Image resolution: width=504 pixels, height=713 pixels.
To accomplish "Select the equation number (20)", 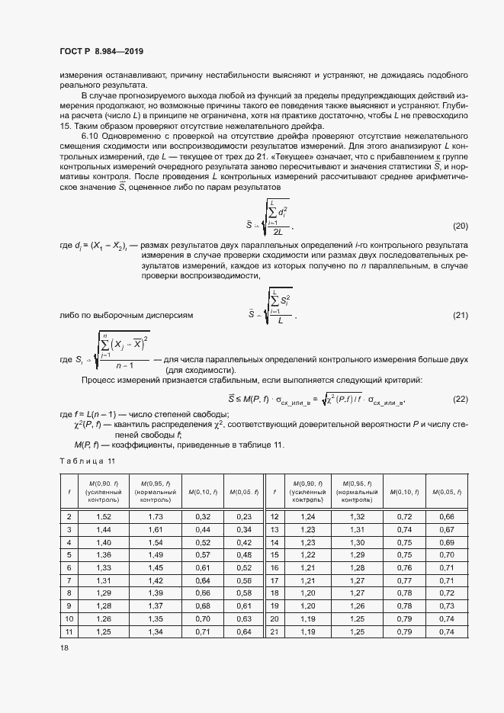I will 460,226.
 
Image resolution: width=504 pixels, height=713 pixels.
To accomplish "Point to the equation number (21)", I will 460,315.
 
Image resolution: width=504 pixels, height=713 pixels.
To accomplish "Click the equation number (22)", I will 460,398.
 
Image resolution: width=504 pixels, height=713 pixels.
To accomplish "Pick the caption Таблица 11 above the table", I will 87,461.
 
